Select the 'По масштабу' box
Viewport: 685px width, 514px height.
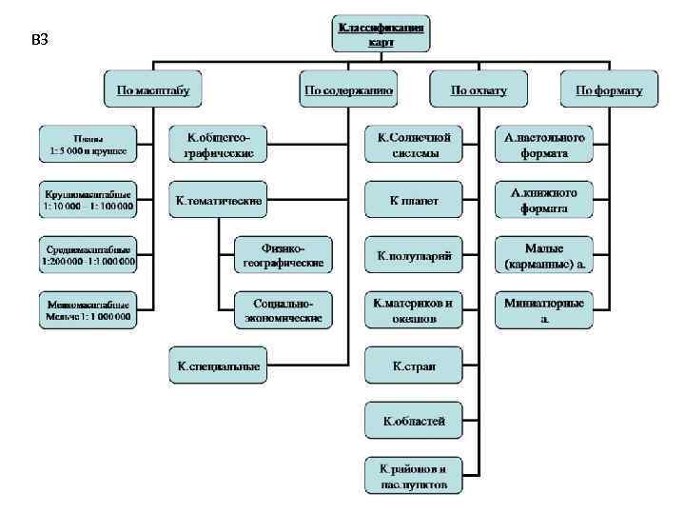153,90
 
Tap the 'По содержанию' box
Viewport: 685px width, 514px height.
348,90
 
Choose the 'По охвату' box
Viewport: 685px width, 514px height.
479,90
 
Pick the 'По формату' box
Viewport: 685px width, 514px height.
608,90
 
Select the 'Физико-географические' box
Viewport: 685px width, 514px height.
284,252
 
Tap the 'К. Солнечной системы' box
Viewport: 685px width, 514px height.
414,143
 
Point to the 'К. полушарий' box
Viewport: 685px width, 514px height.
414,254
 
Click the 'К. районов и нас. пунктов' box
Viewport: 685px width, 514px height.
414,473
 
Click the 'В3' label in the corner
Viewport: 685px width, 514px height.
40,40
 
